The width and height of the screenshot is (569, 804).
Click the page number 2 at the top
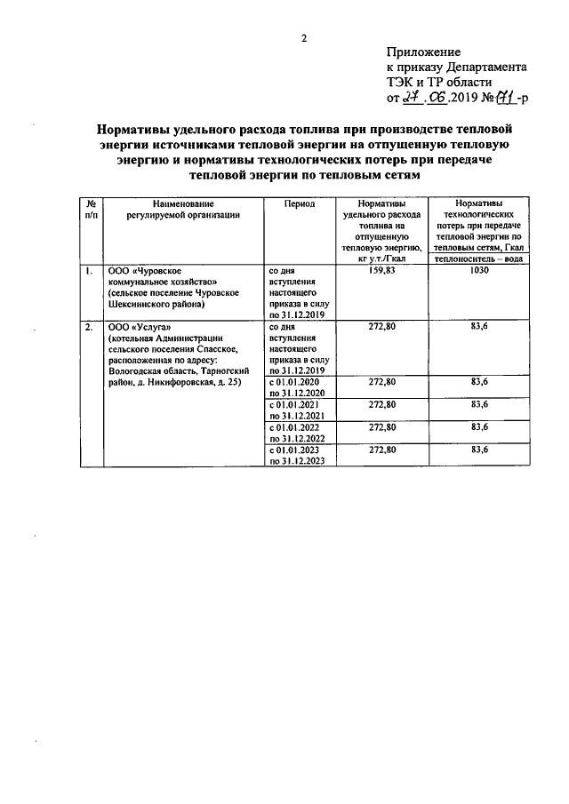[x=303, y=36]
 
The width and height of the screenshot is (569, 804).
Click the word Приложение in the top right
[x=423, y=53]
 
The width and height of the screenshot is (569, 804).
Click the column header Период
[x=299, y=203]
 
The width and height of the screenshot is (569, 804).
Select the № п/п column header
[x=91, y=209]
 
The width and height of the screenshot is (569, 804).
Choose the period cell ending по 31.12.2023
[x=299, y=461]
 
